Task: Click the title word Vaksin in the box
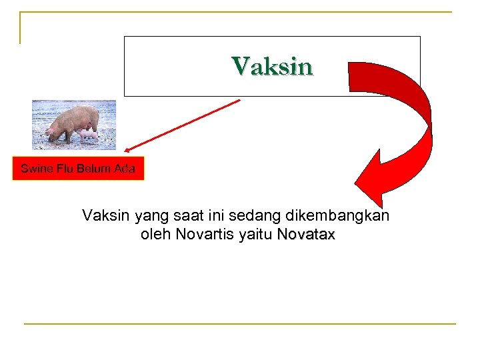[x=272, y=67]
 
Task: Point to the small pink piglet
[x=89, y=136]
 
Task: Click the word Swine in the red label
[x=34, y=169]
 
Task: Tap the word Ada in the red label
[x=124, y=169]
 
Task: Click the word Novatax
[x=306, y=235]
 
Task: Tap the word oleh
[x=156, y=235]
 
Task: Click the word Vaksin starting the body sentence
[x=106, y=216]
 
